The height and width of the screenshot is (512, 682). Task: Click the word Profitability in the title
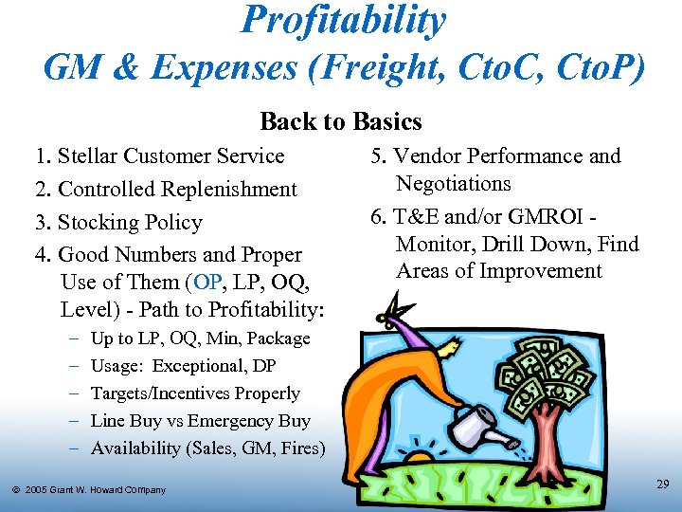click(343, 21)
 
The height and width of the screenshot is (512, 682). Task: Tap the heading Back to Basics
click(341, 121)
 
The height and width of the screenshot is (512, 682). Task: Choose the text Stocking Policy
click(130, 223)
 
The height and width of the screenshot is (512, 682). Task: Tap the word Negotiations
click(453, 184)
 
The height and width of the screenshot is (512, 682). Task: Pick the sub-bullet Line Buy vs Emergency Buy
click(200, 421)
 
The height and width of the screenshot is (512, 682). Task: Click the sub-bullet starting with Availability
click(207, 448)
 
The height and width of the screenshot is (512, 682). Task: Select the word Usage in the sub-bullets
click(117, 366)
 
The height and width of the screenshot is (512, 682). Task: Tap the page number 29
click(663, 485)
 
